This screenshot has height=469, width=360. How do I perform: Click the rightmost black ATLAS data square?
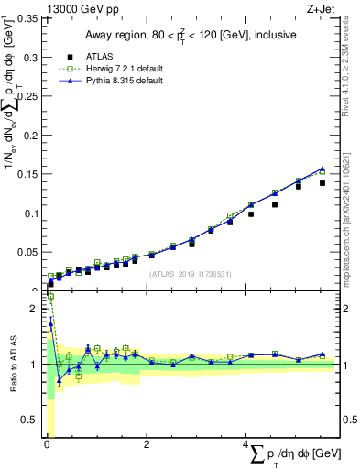[x=322, y=183]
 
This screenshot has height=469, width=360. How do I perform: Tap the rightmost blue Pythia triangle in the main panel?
[x=322, y=168]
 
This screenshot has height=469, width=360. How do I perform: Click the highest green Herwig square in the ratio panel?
[x=50, y=297]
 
